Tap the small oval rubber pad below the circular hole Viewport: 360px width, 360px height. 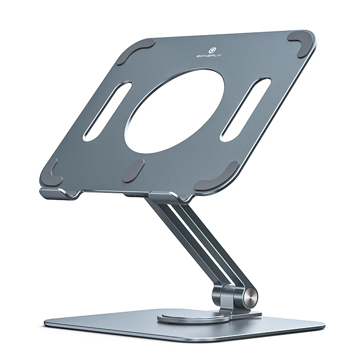134,171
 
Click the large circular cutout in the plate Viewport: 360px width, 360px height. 174,110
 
